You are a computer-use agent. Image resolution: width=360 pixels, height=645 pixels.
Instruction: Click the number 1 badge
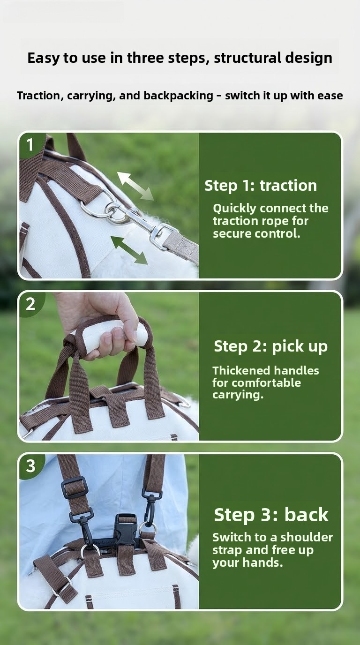[30, 144]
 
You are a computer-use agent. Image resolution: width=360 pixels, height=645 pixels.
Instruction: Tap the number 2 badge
[30, 304]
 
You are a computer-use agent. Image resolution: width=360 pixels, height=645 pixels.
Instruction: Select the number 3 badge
[30, 466]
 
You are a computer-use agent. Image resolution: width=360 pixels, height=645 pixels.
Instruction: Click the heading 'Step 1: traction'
[261, 186]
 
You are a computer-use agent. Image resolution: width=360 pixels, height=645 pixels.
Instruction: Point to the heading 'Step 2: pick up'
[271, 346]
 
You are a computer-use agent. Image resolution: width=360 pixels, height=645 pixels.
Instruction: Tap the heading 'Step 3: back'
[271, 515]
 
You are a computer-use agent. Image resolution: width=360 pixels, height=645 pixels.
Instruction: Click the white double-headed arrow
[135, 186]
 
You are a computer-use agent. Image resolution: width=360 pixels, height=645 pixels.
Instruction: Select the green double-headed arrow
[129, 250]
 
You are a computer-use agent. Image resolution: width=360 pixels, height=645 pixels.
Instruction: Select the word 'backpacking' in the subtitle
[178, 96]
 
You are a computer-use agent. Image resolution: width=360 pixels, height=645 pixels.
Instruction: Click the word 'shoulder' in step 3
[307, 538]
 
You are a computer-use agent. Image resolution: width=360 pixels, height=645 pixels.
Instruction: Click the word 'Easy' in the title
[44, 58]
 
